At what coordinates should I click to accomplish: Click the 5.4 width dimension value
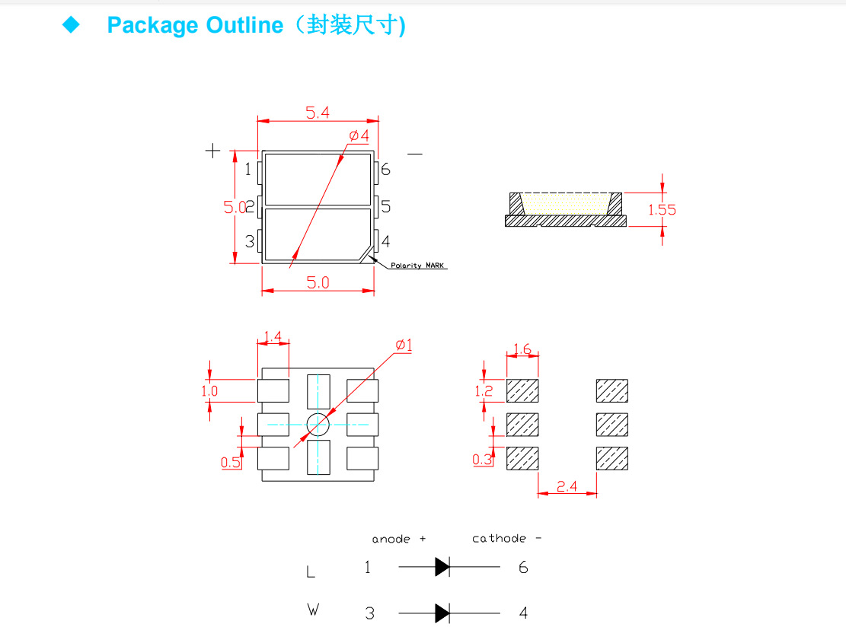pos(318,113)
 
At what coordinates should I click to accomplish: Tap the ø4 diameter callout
pos(359,135)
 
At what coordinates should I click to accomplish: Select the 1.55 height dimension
pos(662,209)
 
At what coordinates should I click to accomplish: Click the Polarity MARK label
pos(418,266)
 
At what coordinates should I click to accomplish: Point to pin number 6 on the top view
pos(385,169)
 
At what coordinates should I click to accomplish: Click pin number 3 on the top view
pos(249,242)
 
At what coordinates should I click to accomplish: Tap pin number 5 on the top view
pos(385,206)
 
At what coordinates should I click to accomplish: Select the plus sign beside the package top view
pos(212,151)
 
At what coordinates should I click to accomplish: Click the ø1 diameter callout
pos(404,345)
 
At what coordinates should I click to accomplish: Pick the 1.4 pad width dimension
pos(273,336)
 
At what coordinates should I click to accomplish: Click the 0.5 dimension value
pos(231,462)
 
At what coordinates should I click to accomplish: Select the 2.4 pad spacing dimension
pos(567,486)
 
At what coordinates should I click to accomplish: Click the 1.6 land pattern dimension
pos(522,349)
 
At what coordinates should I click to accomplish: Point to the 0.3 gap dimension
pos(482,459)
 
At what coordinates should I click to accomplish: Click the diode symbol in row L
pos(442,567)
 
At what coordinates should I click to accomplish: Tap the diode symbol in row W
pos(442,613)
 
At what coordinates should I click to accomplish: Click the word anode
pos(391,539)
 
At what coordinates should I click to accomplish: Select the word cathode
pos(499,538)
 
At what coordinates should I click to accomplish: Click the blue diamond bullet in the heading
pos(71,25)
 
